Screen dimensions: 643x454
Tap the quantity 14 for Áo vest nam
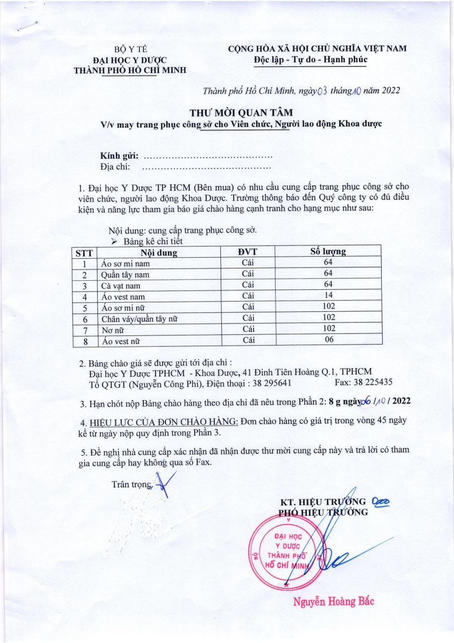(x=329, y=295)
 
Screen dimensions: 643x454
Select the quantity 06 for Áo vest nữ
(x=329, y=340)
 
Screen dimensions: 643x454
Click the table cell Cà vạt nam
(x=121, y=285)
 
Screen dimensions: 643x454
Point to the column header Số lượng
(x=328, y=251)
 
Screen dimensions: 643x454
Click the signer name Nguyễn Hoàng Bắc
(x=333, y=601)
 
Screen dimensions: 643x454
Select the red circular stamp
(x=288, y=552)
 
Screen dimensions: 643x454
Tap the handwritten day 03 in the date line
(x=323, y=91)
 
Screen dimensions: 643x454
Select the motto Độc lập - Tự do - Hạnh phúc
(x=310, y=59)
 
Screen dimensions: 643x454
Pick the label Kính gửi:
(x=120, y=156)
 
